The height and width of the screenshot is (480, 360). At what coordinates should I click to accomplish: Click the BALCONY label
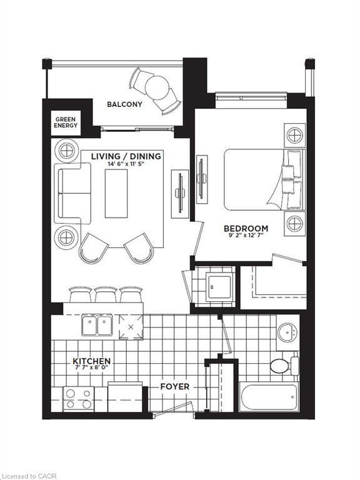tap(124, 104)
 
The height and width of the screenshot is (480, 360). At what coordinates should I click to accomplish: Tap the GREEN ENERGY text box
tap(66, 122)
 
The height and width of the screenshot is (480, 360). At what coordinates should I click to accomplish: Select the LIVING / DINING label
tap(126, 156)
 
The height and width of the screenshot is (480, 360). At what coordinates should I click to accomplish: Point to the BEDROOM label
tap(246, 229)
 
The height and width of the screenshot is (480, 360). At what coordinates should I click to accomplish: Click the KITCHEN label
tap(92, 361)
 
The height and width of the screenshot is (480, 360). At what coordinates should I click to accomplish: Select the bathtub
tap(269, 397)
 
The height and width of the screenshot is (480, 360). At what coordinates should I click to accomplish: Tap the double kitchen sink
tap(97, 326)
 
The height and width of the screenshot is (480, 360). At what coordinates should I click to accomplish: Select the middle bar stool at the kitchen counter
tap(106, 294)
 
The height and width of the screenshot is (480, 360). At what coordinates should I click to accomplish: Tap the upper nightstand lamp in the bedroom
tap(294, 134)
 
